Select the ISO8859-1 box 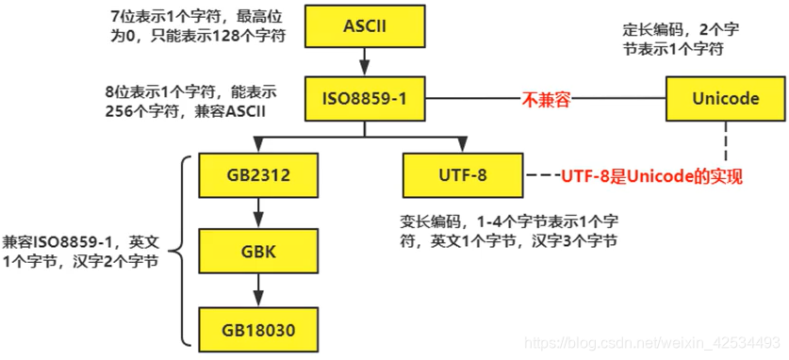[363, 99]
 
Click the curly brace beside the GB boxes [182, 251]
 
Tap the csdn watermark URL [651, 342]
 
